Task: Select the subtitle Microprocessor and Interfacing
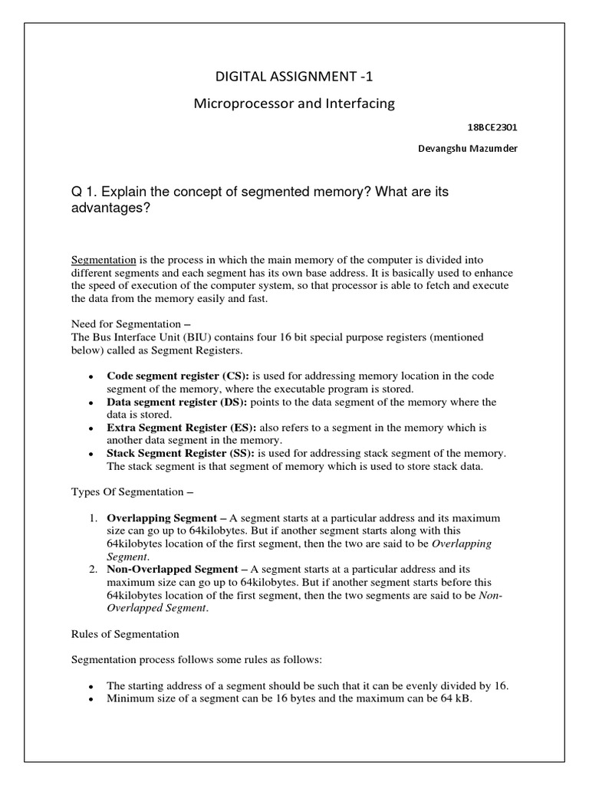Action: coord(294,103)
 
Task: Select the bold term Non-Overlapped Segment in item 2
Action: coord(173,569)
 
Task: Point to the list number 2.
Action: coord(91,569)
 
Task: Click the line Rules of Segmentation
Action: coord(125,634)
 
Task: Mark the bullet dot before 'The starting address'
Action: coord(91,686)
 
